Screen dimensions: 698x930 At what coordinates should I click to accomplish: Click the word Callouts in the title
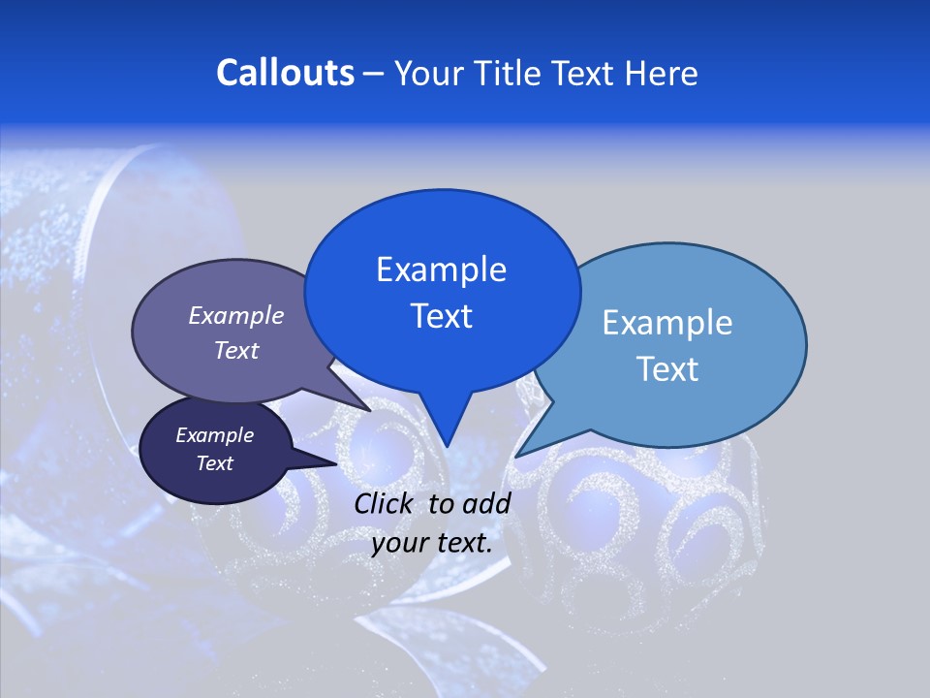[x=285, y=73]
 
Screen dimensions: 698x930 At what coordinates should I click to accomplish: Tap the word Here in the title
[x=658, y=73]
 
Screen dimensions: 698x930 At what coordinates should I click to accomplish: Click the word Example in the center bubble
[x=441, y=270]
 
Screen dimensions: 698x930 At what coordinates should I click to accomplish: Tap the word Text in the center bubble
[x=441, y=316]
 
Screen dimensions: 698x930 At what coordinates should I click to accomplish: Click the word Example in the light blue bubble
[x=667, y=323]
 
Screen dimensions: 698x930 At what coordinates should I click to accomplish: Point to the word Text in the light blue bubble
[x=667, y=369]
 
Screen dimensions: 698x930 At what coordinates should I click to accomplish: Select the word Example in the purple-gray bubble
[x=235, y=316]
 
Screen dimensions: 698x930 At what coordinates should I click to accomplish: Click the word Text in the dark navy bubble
[x=215, y=463]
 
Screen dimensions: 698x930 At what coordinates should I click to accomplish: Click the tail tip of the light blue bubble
[x=517, y=456]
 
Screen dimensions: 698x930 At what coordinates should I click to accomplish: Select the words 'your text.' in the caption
[x=432, y=543]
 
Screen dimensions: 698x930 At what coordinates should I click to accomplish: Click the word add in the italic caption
[x=487, y=503]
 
